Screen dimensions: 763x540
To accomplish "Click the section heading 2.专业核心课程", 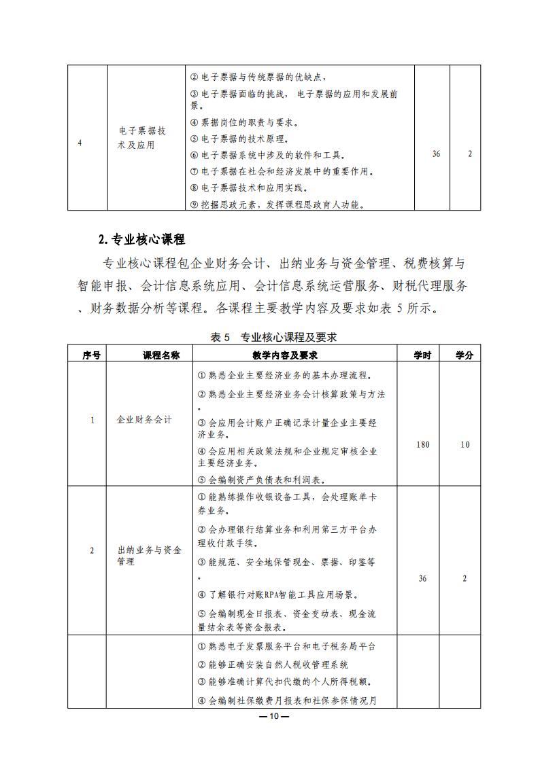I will (141, 239).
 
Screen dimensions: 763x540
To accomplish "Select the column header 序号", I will (91, 355).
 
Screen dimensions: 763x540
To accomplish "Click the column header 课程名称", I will (161, 355).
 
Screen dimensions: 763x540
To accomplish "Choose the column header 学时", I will (422, 355).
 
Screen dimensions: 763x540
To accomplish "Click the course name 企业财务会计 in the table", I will (145, 420).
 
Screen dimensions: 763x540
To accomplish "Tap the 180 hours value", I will (422, 445).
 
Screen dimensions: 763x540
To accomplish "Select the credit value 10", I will (465, 445).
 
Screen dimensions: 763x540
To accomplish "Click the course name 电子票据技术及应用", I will (141, 138).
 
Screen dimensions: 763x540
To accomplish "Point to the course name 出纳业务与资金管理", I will (149, 556).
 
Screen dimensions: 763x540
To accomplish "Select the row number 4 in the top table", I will (80, 143).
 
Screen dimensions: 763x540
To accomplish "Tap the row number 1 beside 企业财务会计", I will (92, 420).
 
